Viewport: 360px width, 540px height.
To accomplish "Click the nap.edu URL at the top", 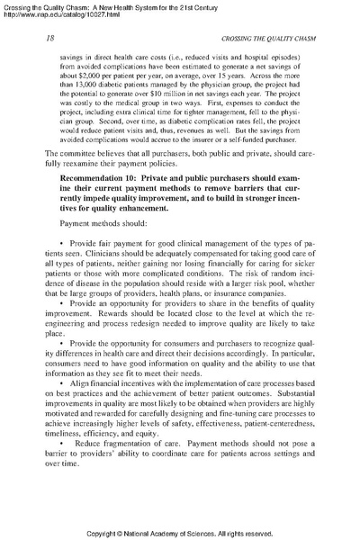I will [x=59, y=17].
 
